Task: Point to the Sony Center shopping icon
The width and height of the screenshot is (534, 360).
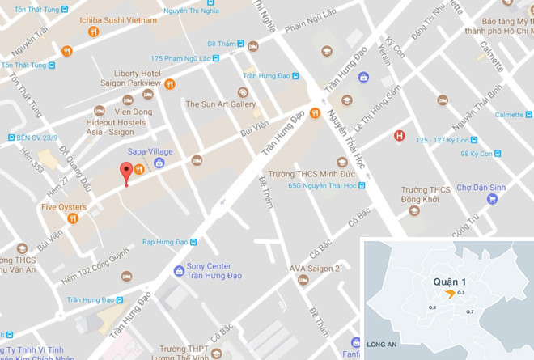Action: [x=179, y=271]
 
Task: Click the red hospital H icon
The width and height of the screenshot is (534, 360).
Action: [x=398, y=136]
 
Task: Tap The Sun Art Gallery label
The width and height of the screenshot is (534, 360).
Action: [x=220, y=104]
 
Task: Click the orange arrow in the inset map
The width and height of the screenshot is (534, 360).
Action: [x=450, y=294]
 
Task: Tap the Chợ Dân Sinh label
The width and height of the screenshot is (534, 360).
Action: [x=481, y=188]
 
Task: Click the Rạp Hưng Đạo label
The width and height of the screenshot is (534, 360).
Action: [x=166, y=241]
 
